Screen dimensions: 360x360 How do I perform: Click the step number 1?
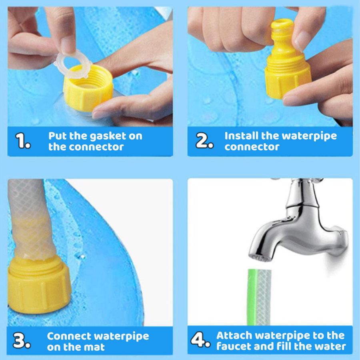tap(23, 142)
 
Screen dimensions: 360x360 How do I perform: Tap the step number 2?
tap(204, 142)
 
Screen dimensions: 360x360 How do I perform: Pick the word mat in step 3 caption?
tap(96, 347)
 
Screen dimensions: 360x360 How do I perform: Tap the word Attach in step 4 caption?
tap(234, 335)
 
